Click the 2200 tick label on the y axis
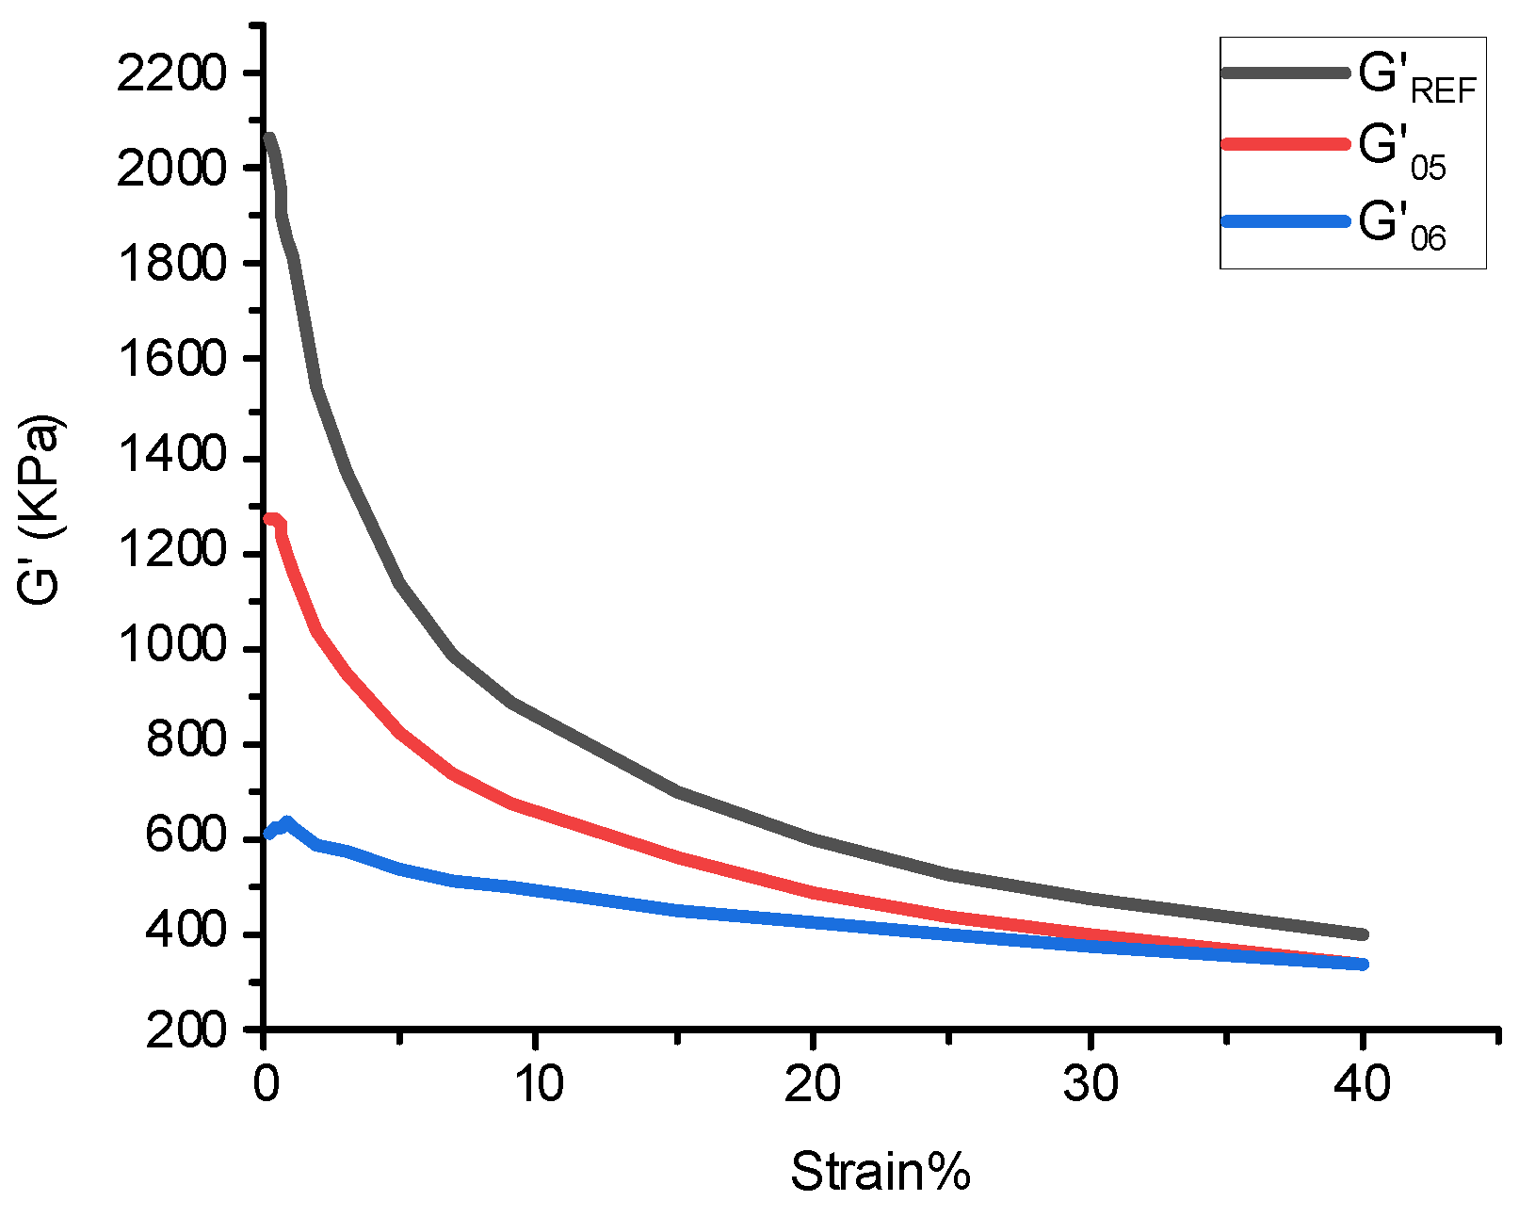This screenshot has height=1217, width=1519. pos(172,73)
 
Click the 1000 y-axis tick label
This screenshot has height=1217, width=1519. pos(172,647)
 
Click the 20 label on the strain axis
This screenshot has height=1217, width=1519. pos(813,1084)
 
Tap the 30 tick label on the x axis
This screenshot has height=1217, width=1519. pos(1091,1084)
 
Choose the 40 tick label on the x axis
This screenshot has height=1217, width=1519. pos(1362,1084)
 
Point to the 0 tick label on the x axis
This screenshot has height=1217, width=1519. pos(266,1084)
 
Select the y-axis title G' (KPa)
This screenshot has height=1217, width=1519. pos(40,510)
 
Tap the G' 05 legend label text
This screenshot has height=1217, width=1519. pos(1402,153)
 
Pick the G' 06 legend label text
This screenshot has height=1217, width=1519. pos(1402,227)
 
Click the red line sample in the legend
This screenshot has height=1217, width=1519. pos(1285,144)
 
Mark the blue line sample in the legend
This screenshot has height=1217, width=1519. pos(1285,221)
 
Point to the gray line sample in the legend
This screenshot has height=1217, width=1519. pos(1285,72)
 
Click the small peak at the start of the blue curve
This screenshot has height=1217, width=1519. pos(287,821)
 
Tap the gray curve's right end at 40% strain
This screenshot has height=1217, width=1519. pos(1361,934)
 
